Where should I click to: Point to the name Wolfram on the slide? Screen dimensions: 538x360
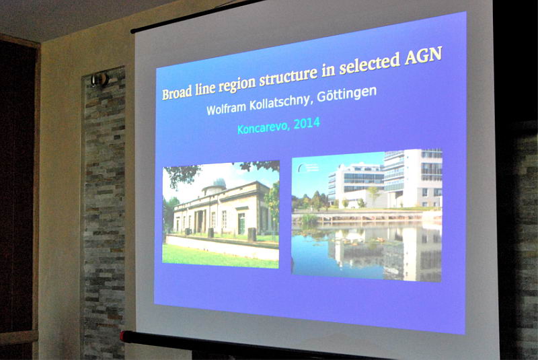coord(226,108)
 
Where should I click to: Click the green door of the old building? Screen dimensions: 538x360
coord(241,223)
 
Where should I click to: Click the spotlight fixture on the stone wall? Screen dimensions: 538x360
coord(100,80)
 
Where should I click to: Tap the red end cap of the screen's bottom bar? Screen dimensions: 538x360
coord(123,336)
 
